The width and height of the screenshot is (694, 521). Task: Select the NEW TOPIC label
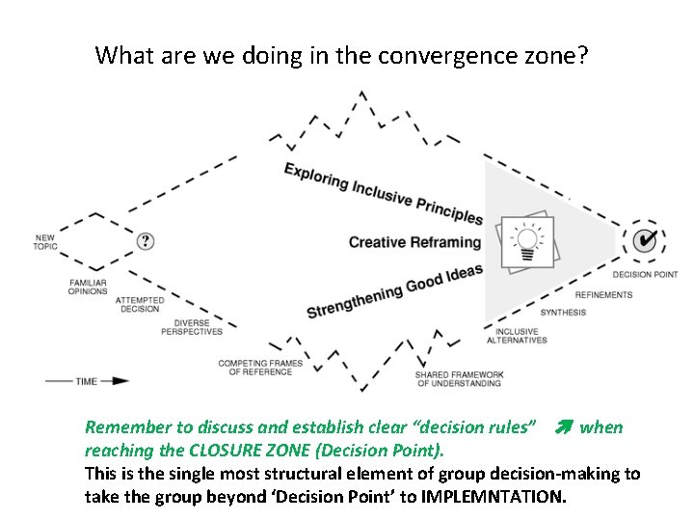(45, 242)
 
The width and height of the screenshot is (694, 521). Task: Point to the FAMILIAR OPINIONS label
(88, 287)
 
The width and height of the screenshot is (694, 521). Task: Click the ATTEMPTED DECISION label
(141, 305)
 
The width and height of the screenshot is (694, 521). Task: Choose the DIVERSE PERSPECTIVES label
(198, 327)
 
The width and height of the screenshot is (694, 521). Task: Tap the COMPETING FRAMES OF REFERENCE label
(260, 368)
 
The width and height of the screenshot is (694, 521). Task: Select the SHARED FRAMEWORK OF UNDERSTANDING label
(459, 379)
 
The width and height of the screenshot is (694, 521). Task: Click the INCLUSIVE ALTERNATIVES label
(517, 335)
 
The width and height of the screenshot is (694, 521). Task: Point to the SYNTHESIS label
(563, 313)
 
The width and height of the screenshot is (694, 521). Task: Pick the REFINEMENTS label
(603, 295)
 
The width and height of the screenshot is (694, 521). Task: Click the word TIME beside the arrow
(87, 381)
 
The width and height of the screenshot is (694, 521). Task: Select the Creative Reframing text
(414, 242)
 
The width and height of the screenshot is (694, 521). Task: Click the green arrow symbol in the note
(563, 427)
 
